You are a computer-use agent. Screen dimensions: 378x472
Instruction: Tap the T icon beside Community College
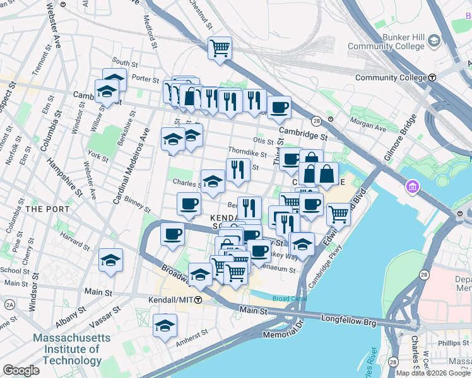pyautogui.click(x=432, y=77)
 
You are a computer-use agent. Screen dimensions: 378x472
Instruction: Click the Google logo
pyautogui.click(x=21, y=370)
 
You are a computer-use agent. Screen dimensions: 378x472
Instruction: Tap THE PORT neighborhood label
pyautogui.click(x=43, y=208)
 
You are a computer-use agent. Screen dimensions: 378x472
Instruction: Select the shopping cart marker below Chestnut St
pyautogui.click(x=220, y=47)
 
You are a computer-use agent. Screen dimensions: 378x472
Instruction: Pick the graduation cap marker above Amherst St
pyautogui.click(x=165, y=326)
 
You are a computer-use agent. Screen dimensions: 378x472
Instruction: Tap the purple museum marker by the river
pyautogui.click(x=413, y=187)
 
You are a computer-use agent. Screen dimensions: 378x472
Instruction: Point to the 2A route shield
pyautogui.click(x=9, y=304)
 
